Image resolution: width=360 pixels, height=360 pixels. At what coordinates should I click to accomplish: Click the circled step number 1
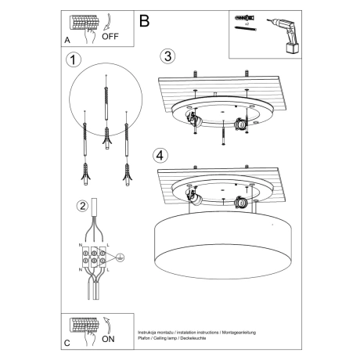tap(74, 60)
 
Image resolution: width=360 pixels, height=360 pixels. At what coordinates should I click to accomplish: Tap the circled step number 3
tap(166, 56)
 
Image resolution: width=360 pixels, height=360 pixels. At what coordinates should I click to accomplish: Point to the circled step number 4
tap(160, 155)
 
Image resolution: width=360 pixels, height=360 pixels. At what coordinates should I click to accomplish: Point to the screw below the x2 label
tap(243, 30)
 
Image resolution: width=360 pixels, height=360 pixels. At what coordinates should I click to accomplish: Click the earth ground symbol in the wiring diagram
tap(119, 257)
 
